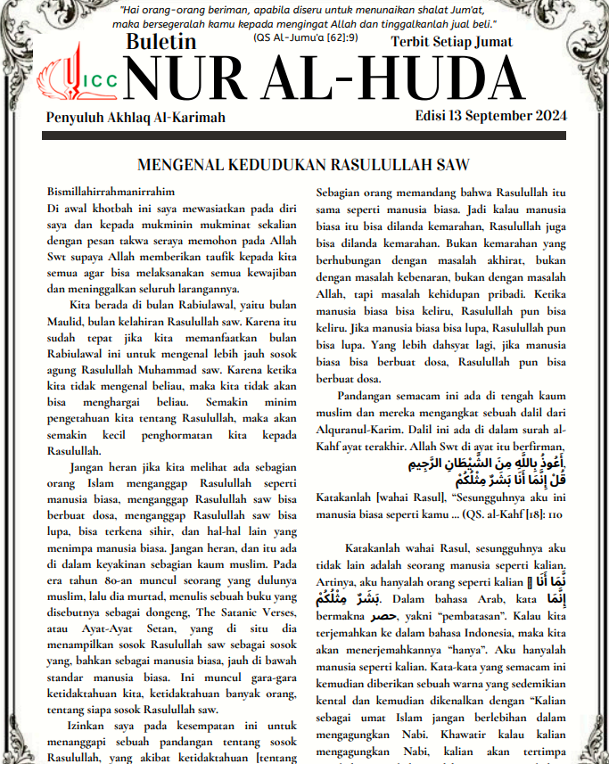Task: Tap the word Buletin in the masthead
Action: coord(160,41)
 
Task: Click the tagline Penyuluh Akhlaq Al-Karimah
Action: coord(136,118)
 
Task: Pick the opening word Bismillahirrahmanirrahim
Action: coord(111,192)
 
